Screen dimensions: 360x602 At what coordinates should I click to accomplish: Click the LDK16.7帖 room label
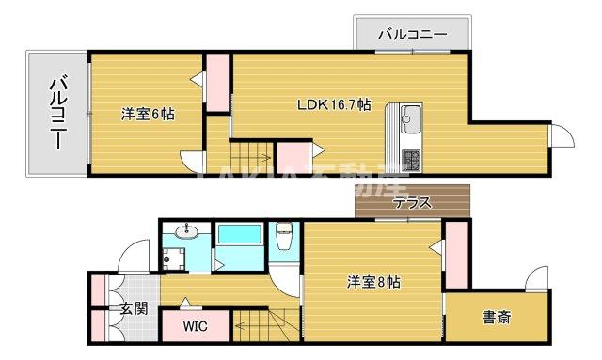pyautogui.click(x=334, y=104)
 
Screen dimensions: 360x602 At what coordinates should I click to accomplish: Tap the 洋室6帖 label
pyautogui.click(x=147, y=114)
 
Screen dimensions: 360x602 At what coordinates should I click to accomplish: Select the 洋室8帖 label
pyautogui.click(x=373, y=281)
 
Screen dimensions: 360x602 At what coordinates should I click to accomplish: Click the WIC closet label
pyautogui.click(x=195, y=326)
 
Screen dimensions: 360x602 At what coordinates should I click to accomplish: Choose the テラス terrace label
pyautogui.click(x=412, y=202)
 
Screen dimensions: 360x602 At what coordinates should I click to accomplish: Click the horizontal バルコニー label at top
pyautogui.click(x=413, y=35)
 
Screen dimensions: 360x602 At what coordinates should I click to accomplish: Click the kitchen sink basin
pyautogui.click(x=412, y=119)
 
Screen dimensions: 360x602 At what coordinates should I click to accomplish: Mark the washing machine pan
pyautogui.click(x=173, y=256)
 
